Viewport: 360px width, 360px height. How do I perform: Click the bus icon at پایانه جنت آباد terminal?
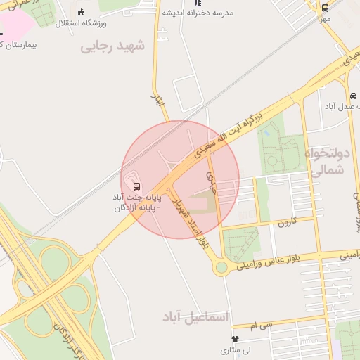click(x=136, y=187)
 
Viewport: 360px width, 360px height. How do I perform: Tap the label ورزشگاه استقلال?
click(x=81, y=24)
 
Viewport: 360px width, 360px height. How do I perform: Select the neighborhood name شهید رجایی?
click(x=112, y=46)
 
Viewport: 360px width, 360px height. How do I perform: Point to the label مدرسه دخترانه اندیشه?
click(x=198, y=13)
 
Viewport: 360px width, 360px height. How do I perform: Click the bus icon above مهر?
click(x=325, y=8)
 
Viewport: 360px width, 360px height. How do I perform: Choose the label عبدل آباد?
click(x=340, y=105)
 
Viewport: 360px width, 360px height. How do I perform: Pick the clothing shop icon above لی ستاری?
click(x=225, y=339)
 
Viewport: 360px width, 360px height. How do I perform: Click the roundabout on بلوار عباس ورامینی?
click(x=223, y=267)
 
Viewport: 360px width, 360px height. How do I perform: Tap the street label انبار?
click(x=158, y=99)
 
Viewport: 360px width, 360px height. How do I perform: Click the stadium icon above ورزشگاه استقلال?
click(x=81, y=13)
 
